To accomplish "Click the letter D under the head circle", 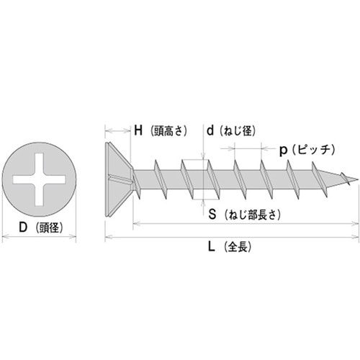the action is pos(23,227).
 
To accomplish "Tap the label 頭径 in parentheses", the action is pos(49,228).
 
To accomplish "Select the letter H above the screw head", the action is pos(138,130).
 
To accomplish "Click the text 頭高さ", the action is pos(168,131).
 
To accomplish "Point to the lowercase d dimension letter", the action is pos(210,130).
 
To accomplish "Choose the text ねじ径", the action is pos(238,131).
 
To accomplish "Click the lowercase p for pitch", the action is pos(284,150).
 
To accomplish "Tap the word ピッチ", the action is pos(313,150).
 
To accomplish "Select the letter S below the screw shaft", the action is pos(212,214).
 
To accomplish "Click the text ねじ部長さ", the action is pos(253,215).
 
